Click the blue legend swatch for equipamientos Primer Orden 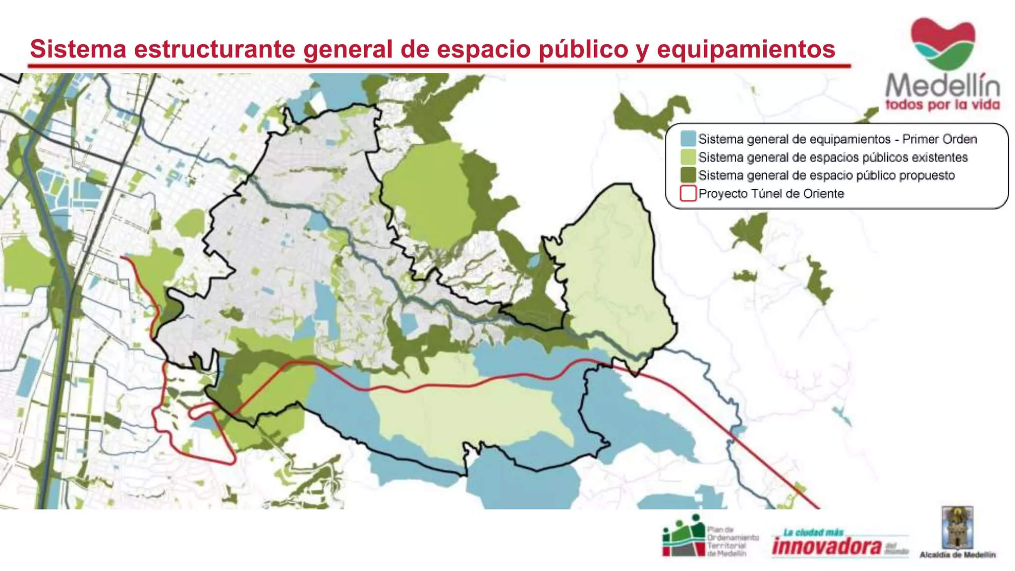(x=688, y=139)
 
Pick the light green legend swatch (x=688, y=157)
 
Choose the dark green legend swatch (x=688, y=175)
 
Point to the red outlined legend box (x=688, y=193)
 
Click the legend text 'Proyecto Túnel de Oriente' (x=771, y=193)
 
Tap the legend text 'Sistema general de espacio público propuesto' (x=826, y=175)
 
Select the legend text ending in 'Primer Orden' (x=838, y=139)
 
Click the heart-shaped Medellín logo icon (x=943, y=44)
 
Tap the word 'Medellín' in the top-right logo (x=942, y=86)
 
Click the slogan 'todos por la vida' (x=942, y=105)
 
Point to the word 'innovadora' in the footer (x=827, y=547)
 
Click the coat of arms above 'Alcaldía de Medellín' (x=958, y=527)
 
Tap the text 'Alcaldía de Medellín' (x=958, y=555)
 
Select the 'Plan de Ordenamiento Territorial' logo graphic (x=683, y=536)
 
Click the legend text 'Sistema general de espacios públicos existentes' (x=833, y=157)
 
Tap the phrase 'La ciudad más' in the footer (x=813, y=532)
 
